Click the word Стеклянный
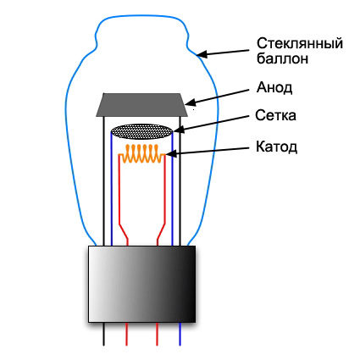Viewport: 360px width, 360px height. click(x=300, y=44)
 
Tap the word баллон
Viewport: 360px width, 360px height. click(x=282, y=58)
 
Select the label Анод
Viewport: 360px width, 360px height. click(x=274, y=88)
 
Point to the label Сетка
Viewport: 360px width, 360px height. click(x=275, y=115)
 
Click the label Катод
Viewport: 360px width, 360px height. click(x=276, y=147)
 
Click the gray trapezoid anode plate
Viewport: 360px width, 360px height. click(x=141, y=105)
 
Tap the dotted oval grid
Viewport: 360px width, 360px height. click(x=141, y=131)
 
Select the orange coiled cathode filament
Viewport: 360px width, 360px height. click(x=142, y=154)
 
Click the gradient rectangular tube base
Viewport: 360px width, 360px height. click(x=141, y=284)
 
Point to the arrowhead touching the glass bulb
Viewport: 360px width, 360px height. click(x=202, y=54)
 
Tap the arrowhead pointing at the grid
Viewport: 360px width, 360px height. click(x=179, y=130)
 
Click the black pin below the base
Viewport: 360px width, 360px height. click(x=104, y=334)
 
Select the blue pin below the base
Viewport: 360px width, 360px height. click(x=180, y=334)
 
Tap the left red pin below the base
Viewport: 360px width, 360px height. click(x=127, y=334)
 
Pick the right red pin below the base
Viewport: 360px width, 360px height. click(x=157, y=334)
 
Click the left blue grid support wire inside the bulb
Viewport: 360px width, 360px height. click(x=111, y=189)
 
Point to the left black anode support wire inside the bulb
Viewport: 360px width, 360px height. click(x=104, y=181)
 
